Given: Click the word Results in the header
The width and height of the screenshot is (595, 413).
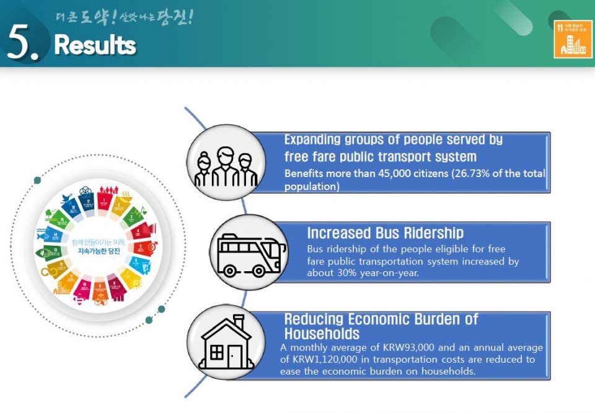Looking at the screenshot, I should (95, 45).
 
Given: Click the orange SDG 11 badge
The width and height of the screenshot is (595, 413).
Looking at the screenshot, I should (573, 38).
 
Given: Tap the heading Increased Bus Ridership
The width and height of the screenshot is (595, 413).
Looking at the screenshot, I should (385, 233).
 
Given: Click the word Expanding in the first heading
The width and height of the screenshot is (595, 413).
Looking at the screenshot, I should (317, 140).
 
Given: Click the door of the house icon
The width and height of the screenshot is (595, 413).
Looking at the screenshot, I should (235, 355).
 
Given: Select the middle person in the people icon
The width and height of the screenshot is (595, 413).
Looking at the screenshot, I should (226, 166).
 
